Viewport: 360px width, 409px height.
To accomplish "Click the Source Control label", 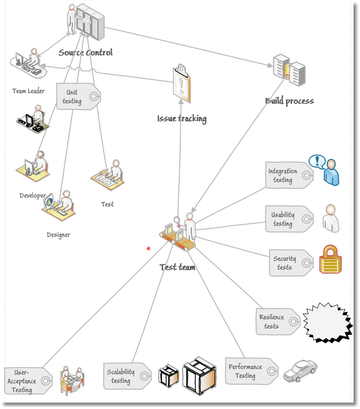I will pos(85,53).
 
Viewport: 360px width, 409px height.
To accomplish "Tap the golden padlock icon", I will pos(331,259).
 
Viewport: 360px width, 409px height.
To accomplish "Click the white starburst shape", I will pos(327,322).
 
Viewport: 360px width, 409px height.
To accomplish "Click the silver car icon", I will pos(300,370).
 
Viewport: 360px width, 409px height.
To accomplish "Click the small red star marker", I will pos(148,249).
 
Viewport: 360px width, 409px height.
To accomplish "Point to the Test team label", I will pos(177,267).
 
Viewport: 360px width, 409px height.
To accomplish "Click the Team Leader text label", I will pos(28,91).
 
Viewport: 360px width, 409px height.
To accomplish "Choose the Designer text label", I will pos(59,235).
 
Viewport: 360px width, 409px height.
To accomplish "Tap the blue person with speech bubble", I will pos(326,169).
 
